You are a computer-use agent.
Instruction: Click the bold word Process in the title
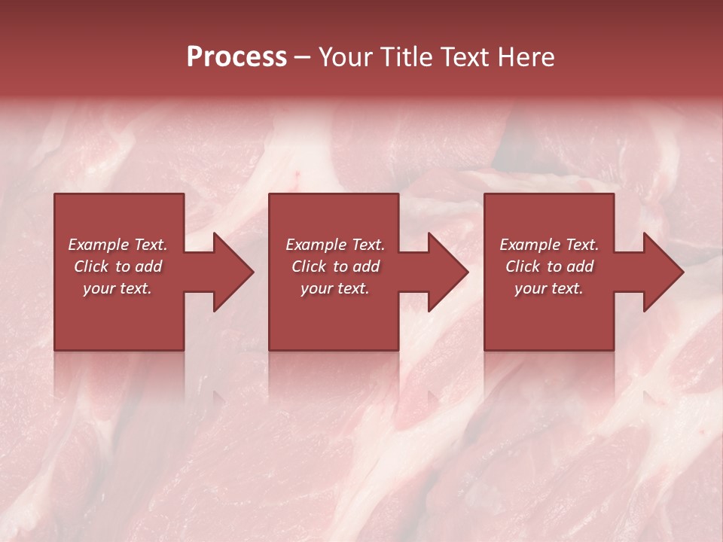(236, 57)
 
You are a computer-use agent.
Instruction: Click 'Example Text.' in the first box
(117, 245)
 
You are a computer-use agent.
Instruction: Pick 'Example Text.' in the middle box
(335, 245)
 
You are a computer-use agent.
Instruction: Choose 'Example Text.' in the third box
(549, 245)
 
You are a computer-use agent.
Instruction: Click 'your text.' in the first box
(117, 288)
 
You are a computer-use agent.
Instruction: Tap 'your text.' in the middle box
(335, 288)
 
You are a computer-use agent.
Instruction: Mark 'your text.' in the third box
(549, 288)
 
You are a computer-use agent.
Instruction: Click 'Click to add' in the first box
(117, 266)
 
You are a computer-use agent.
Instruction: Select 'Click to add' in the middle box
(335, 266)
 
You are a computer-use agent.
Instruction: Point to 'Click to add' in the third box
(549, 266)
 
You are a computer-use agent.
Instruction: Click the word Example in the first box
(98, 245)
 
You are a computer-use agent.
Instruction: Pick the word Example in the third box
(529, 245)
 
